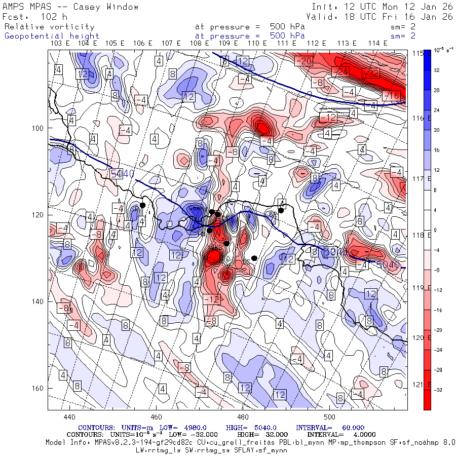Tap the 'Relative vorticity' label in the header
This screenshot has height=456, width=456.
coord(49,26)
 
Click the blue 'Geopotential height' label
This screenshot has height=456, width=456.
coord(52,36)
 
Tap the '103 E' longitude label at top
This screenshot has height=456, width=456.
coord(61,43)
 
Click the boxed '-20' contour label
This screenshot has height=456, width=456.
coord(303,61)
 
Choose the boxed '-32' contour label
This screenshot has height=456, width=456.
coord(371,73)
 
